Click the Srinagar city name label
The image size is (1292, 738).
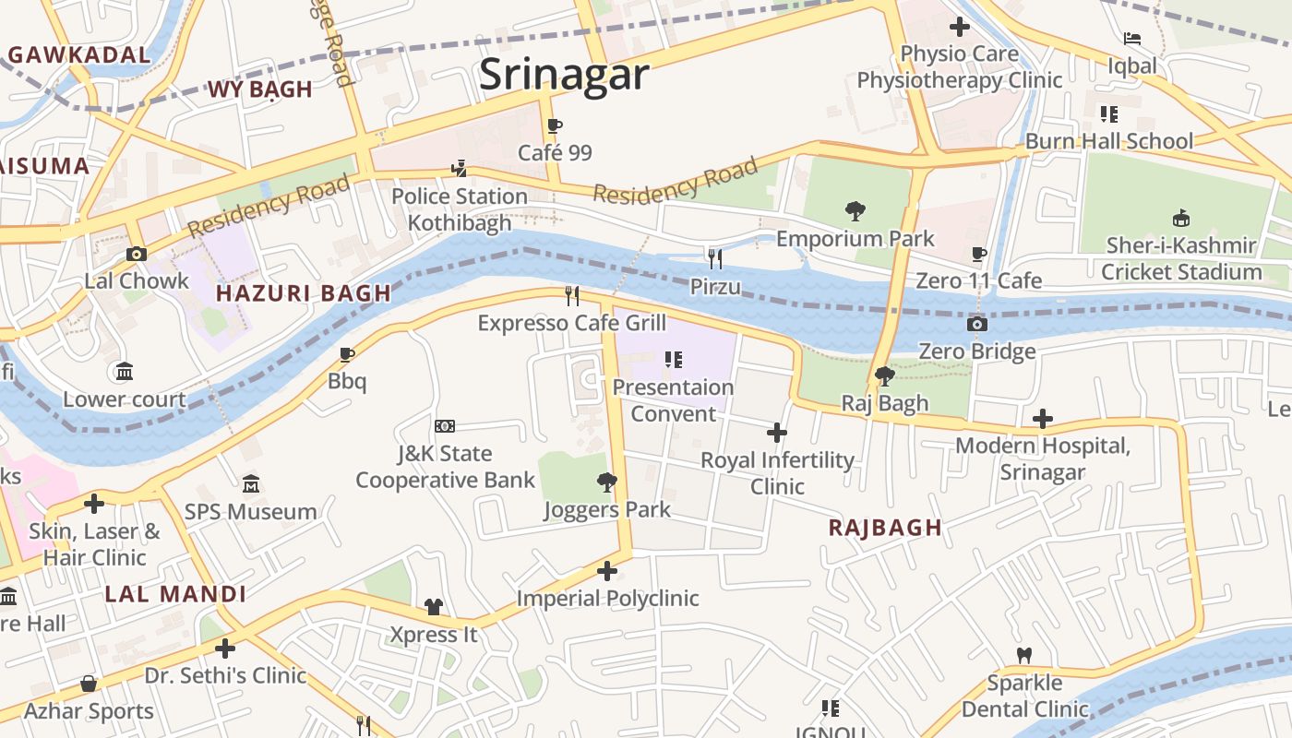564,74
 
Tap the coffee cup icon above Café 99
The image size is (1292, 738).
554,126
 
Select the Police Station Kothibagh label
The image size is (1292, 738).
459,209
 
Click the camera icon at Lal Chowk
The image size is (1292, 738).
137,254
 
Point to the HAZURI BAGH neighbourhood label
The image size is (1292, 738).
304,294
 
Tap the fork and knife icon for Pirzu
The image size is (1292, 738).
714,258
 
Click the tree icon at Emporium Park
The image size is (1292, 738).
855,211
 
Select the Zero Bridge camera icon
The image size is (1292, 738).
976,324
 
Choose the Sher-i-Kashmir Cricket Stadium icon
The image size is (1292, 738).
1180,218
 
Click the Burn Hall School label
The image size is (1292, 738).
1109,141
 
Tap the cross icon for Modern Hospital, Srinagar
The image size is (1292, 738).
1042,419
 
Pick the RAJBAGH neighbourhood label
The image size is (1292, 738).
885,528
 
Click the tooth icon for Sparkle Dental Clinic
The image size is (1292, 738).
1023,655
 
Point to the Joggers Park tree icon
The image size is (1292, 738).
606,482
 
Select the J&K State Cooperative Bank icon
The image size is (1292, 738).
445,425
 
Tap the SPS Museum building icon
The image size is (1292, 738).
250,483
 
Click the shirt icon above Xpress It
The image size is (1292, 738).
433,606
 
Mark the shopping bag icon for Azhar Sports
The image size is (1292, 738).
89,684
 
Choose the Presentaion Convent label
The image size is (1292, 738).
673,400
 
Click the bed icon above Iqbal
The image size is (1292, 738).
1131,39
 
